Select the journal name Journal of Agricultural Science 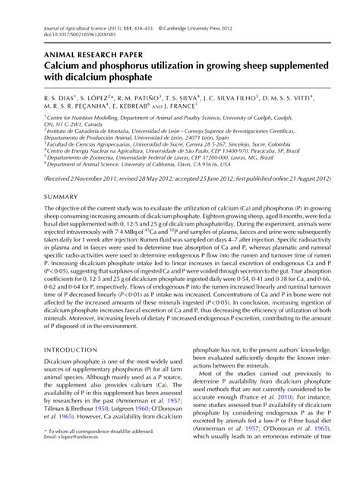(x=76, y=27)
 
